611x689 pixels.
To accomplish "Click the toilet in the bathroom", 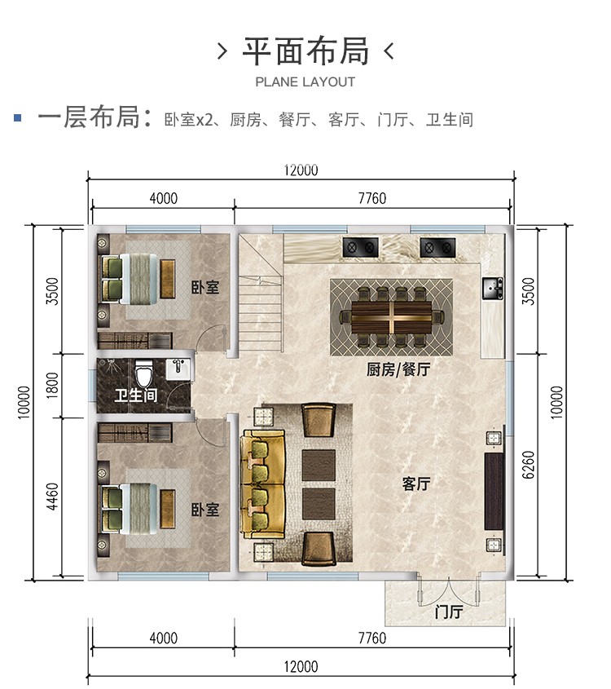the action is coord(143,373).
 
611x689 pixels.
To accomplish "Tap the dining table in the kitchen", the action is coord(391,317).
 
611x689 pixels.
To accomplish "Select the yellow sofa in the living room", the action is coord(263,484).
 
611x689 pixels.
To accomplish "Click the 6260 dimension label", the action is coord(530,465).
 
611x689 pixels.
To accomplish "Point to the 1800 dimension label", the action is coord(52,386).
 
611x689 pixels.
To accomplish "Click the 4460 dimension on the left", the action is coord(52,497).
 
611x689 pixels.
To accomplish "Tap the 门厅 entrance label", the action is coord(449,612).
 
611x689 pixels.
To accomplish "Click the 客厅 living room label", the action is coord(416,484).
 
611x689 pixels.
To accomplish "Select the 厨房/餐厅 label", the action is coord(398,369).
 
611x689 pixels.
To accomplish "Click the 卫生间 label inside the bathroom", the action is coord(135,395).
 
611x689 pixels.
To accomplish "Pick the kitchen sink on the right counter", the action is coord(493,289).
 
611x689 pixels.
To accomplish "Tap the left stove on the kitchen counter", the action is coord(360,247).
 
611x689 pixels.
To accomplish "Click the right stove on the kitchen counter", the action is coord(437,247).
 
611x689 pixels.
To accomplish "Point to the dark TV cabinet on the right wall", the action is coord(494,492).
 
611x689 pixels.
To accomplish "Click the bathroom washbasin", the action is coord(178,369).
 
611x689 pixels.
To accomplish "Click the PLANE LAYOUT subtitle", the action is coord(305,82).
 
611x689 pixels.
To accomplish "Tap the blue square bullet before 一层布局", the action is coord(18,117).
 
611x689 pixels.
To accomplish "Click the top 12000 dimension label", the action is coord(301,170).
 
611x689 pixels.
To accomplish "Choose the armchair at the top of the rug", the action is coord(319,420).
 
